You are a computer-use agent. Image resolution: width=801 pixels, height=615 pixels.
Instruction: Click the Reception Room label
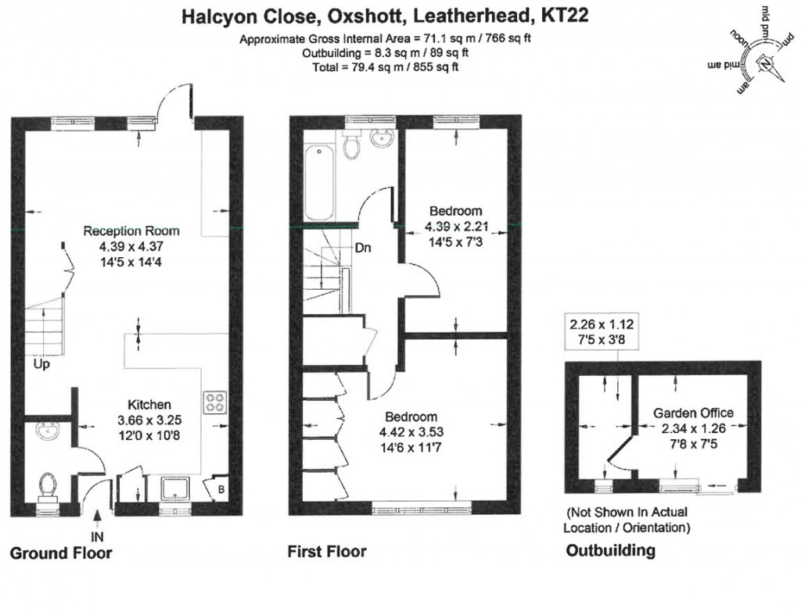click(x=131, y=231)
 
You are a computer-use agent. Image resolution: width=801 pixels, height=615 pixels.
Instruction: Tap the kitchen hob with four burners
click(x=214, y=402)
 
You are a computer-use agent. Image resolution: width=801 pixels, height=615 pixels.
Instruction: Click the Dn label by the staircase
click(x=363, y=249)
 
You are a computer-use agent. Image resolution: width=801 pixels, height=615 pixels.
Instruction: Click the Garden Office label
click(x=693, y=413)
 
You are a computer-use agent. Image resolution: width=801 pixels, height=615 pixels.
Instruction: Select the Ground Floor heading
click(x=60, y=553)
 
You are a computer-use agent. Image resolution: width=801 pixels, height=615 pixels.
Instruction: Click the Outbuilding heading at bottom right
click(x=610, y=551)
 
